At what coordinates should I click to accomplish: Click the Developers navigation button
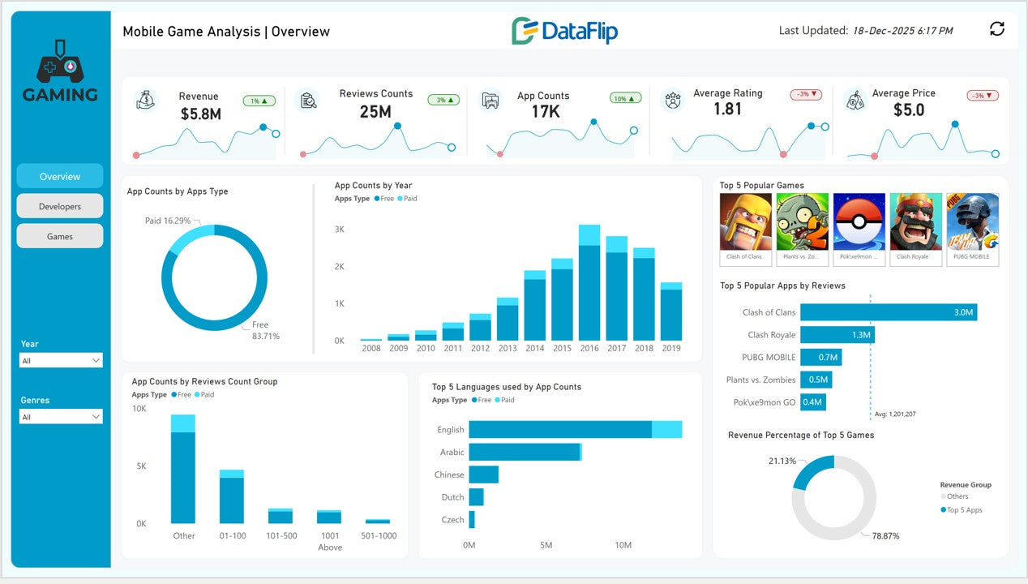60,206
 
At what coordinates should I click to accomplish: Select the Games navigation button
60,236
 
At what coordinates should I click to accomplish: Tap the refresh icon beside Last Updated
997,29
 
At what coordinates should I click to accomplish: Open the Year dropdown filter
61,360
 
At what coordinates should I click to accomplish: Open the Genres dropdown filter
61,417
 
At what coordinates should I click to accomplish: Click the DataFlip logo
564,31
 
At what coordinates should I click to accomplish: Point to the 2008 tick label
371,348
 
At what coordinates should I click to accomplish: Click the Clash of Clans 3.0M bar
889,312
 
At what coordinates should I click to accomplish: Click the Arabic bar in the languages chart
525,452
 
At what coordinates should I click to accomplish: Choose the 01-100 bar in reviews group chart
232,499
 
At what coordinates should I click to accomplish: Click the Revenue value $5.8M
200,114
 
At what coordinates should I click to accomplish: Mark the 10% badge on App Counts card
625,98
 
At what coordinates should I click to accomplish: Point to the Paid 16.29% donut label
168,221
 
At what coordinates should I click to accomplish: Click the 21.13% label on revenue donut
782,461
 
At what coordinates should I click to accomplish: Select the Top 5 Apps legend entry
964,510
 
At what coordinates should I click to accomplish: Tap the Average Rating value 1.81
727,109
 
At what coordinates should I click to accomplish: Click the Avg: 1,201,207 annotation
895,414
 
